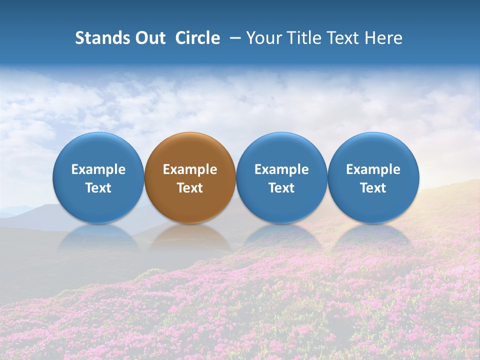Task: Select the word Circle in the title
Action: coord(197,38)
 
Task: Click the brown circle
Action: coord(190,150)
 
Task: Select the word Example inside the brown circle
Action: coord(190,169)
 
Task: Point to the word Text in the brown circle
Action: coord(190,188)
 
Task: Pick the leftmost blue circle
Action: coord(98,150)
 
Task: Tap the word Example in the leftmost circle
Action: coord(98,169)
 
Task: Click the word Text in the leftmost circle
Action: coord(98,188)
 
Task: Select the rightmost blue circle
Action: coord(373,150)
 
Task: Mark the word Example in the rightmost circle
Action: coord(373,169)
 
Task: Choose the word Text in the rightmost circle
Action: coord(373,188)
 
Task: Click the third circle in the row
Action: coord(281,150)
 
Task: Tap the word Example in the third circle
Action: coord(281,169)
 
